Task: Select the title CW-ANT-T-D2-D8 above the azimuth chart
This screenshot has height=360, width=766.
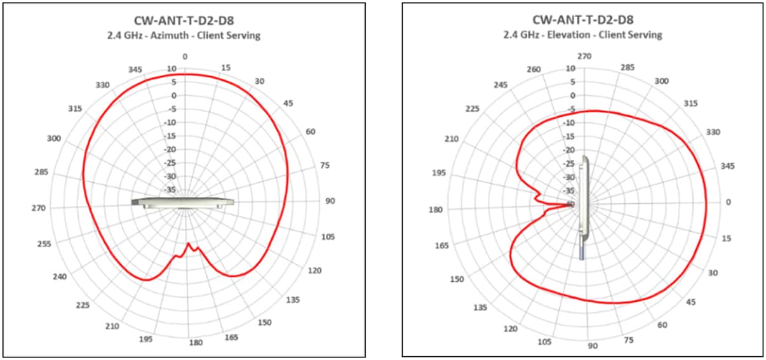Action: point(185,22)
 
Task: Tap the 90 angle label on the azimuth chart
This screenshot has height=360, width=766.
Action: point(330,201)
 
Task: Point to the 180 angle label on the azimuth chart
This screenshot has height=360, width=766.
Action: point(196,343)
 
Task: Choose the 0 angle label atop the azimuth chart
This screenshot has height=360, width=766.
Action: point(185,57)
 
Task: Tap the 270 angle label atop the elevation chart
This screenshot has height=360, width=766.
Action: point(584,57)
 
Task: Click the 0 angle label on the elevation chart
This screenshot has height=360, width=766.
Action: point(728,202)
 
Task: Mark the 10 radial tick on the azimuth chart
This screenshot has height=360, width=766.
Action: point(172,69)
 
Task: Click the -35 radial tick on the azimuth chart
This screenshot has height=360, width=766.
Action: point(172,190)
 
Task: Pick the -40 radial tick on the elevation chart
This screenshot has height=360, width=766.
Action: point(571,204)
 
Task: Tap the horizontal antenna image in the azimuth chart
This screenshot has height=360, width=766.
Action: point(183,202)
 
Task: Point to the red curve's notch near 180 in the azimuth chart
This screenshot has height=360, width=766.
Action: point(189,244)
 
